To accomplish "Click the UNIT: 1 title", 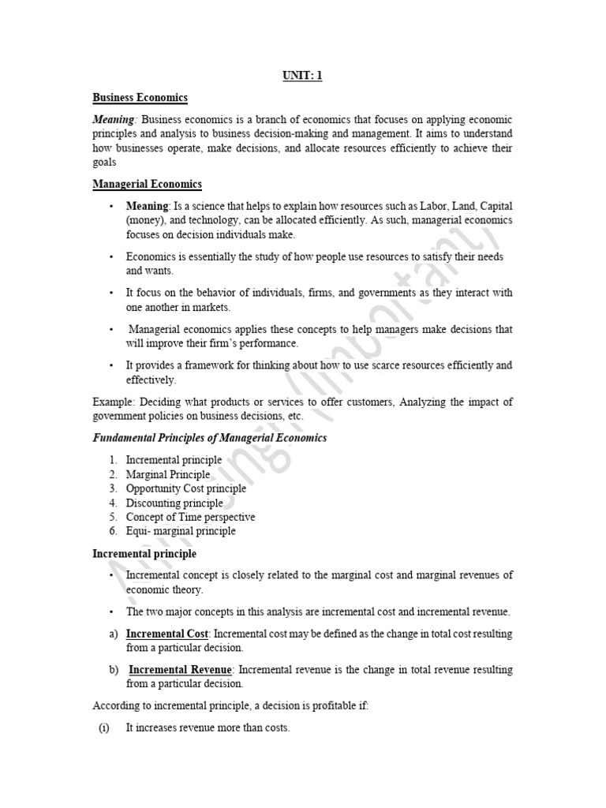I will click(x=302, y=76).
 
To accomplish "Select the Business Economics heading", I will click(x=140, y=98).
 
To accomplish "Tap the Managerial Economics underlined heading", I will click(x=147, y=184).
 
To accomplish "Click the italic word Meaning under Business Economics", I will click(x=114, y=119).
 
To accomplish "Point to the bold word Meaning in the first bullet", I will click(x=148, y=206).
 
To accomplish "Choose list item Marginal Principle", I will click(x=167, y=474).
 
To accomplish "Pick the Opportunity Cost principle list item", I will click(x=185, y=488).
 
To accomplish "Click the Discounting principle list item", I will click(x=174, y=503).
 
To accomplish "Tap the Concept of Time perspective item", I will click(x=190, y=517).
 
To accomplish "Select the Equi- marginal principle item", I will click(x=180, y=531).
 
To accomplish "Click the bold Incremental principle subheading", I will click(x=144, y=554).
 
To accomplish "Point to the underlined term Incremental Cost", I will click(x=167, y=634).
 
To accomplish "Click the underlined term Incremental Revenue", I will click(x=180, y=670).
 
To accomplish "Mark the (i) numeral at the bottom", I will click(x=103, y=728).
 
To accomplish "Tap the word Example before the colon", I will click(x=110, y=402).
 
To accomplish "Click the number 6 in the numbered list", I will click(x=113, y=531).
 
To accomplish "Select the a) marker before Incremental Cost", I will click(x=114, y=634).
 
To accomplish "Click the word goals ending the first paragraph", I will click(x=106, y=162).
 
